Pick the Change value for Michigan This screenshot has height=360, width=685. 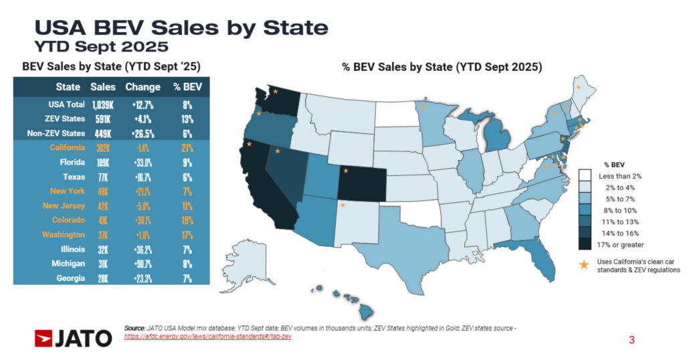pyautogui.click(x=142, y=264)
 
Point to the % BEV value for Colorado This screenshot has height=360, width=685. pyautogui.click(x=187, y=220)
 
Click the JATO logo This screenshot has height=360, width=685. pyautogui.click(x=74, y=339)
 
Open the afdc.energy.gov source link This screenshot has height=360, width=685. pyautogui.click(x=207, y=336)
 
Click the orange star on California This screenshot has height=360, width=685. pyautogui.click(x=249, y=144)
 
